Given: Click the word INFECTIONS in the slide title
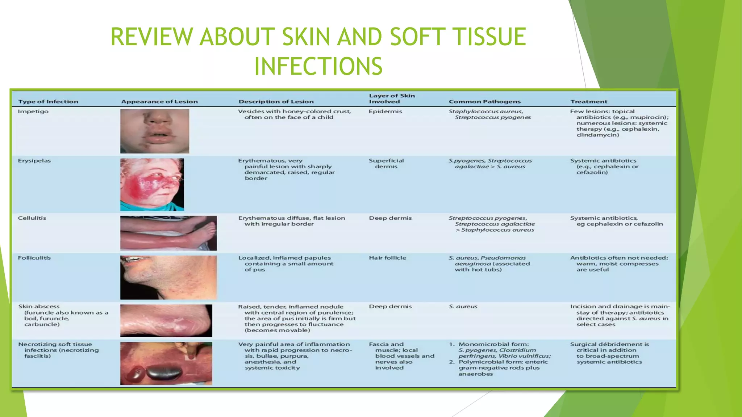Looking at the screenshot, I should pos(318,66).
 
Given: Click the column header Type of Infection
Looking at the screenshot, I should pos(48,102).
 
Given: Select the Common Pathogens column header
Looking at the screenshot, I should pos(484,102).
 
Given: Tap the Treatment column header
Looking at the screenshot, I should pos(589,102).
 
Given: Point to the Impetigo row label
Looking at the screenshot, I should pos(33,111).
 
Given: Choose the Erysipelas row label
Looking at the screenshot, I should pos(34,161).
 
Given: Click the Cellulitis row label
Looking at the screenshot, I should pos(32,218).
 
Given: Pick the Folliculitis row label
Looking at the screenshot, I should pos(34,258).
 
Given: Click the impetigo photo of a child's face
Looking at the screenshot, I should pos(155,131).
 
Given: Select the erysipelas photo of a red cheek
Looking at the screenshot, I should pos(152,185).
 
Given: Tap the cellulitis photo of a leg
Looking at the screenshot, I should pos(168,233).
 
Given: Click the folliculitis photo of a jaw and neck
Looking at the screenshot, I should pos(168,277).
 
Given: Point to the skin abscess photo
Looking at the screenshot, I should pos(166,321).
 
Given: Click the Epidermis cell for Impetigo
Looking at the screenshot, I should pos(385,111).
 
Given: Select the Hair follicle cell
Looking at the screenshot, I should pos(387,258).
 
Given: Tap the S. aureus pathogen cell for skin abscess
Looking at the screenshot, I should pos(463,307).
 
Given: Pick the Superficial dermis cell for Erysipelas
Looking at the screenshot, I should pos(386,164).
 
